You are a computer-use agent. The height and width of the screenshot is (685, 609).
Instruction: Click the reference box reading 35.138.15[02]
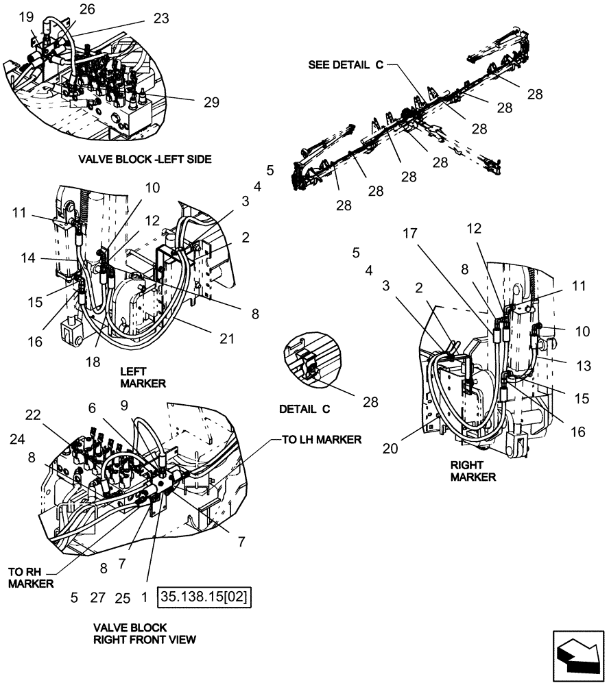(204, 597)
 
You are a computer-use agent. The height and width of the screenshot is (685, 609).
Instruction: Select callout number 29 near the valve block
(211, 102)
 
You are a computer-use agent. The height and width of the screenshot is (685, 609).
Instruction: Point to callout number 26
(88, 8)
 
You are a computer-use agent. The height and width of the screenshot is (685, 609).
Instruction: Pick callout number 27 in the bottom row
(98, 597)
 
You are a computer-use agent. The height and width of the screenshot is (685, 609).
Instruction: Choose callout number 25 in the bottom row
(122, 597)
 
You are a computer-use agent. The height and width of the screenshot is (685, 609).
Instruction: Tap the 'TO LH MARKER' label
(321, 440)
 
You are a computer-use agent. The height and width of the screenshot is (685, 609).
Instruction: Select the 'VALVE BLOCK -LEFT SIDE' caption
(144, 159)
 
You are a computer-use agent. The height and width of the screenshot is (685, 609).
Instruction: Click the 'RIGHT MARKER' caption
(473, 470)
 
